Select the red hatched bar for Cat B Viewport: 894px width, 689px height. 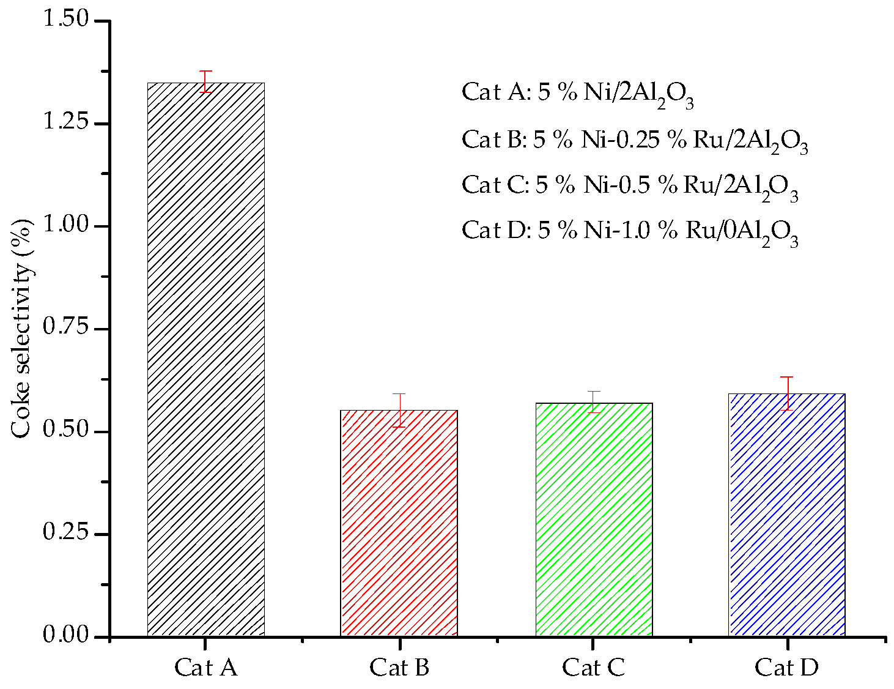399,523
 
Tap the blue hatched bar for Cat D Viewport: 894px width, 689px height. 787,515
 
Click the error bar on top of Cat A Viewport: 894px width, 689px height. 206,81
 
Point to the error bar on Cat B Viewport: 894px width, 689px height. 399,410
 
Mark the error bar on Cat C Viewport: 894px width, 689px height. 594,401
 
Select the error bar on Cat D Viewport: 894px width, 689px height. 787,393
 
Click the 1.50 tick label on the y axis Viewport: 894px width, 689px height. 66,20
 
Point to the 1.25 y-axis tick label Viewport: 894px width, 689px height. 66,122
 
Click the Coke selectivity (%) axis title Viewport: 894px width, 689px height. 21,329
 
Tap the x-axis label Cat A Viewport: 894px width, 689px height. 206,668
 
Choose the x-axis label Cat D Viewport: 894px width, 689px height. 787,668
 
